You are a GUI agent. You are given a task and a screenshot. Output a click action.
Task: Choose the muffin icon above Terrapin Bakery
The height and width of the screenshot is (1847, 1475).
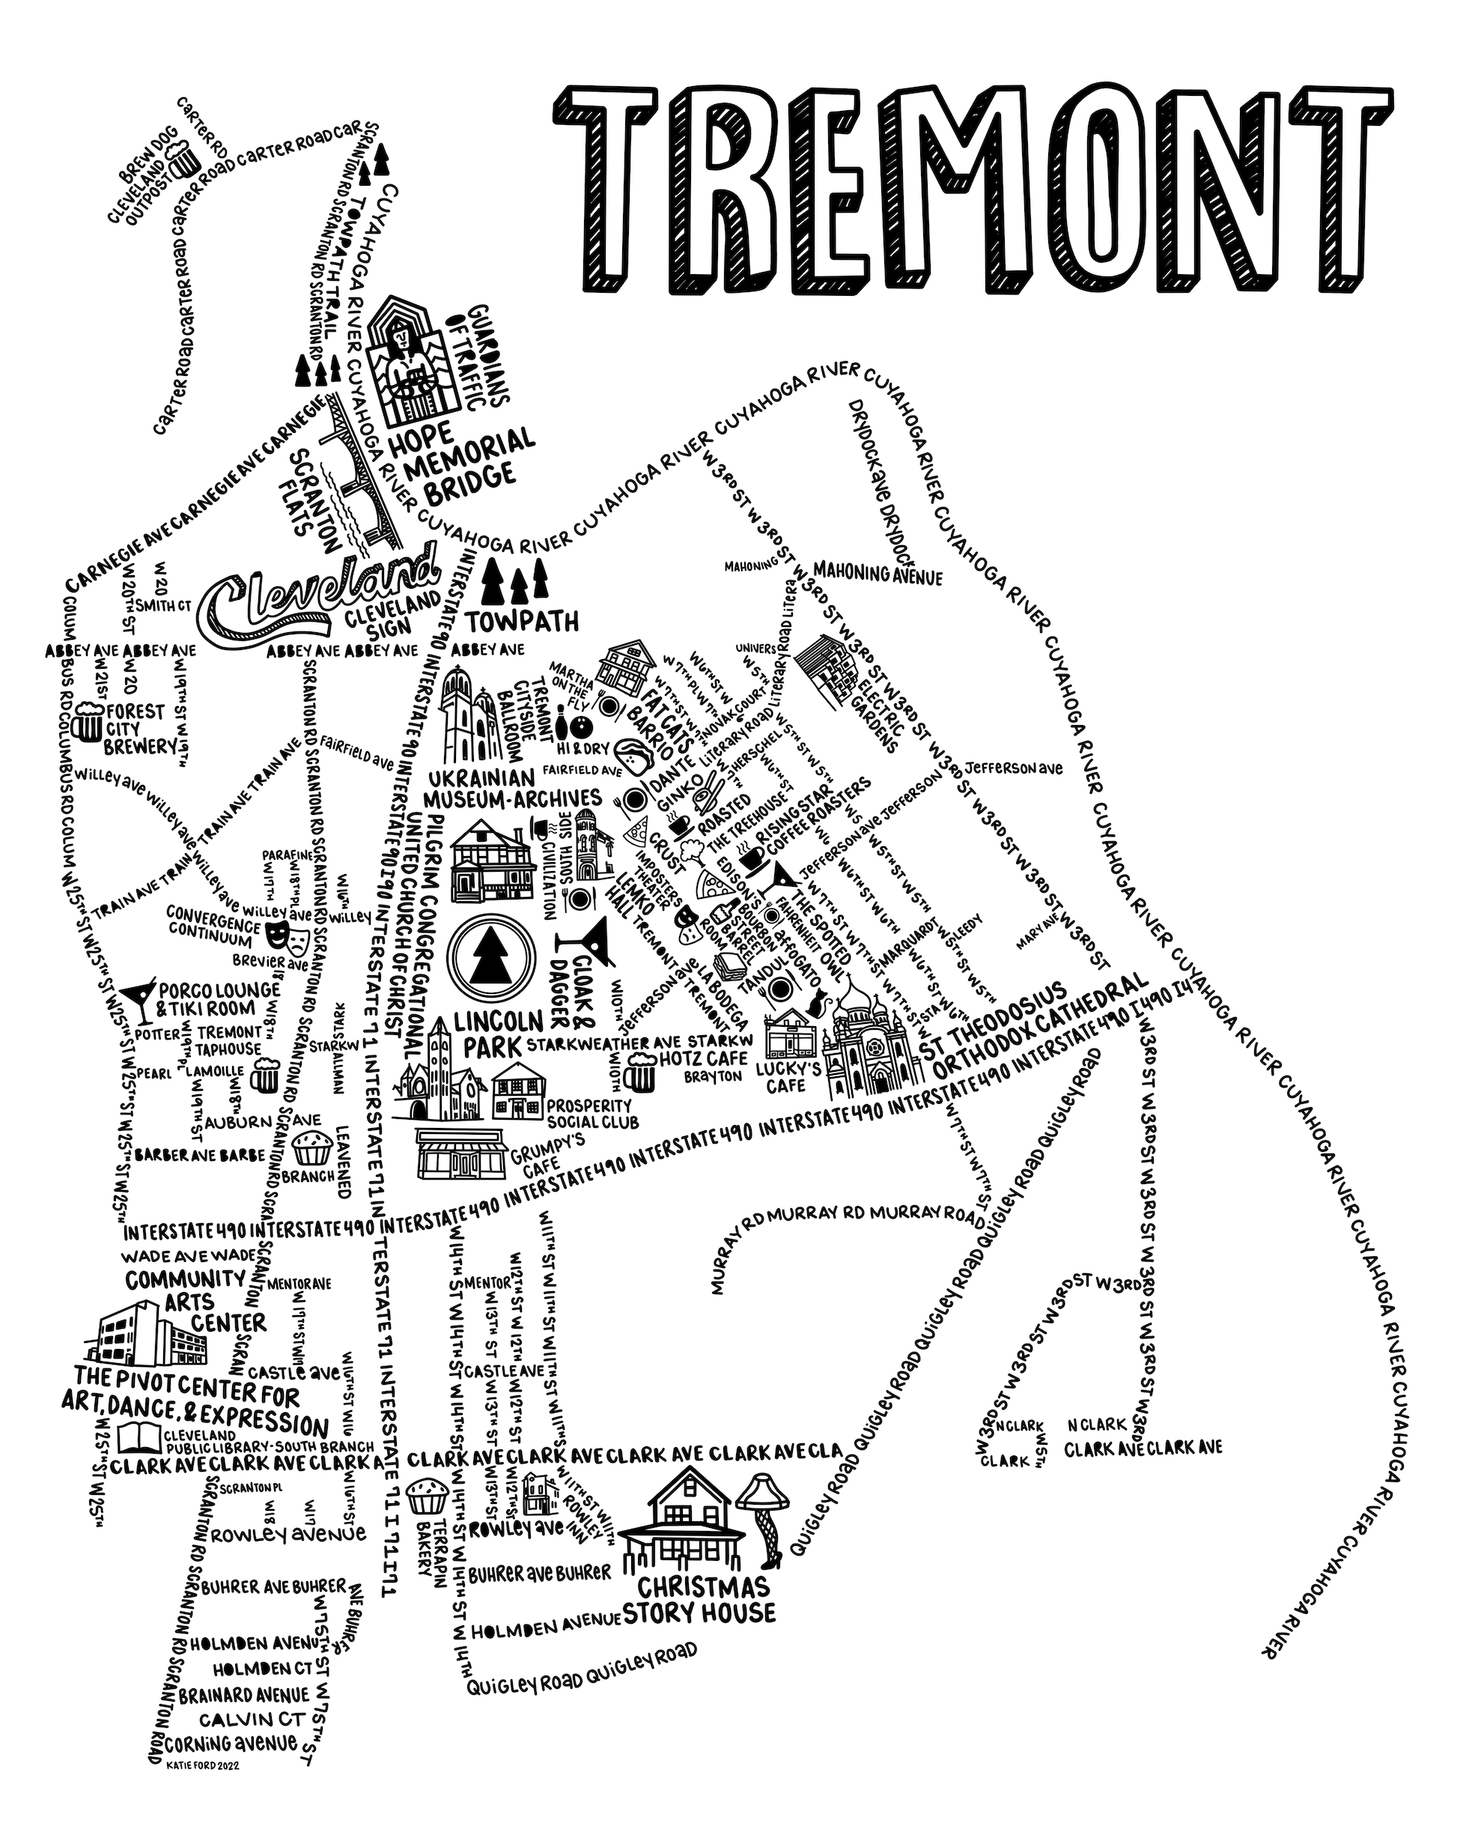coord(427,1496)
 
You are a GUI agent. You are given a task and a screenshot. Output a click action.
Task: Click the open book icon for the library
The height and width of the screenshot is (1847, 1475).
coord(137,1437)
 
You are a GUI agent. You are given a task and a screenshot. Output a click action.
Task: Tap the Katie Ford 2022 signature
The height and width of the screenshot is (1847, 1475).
coord(204,1765)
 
